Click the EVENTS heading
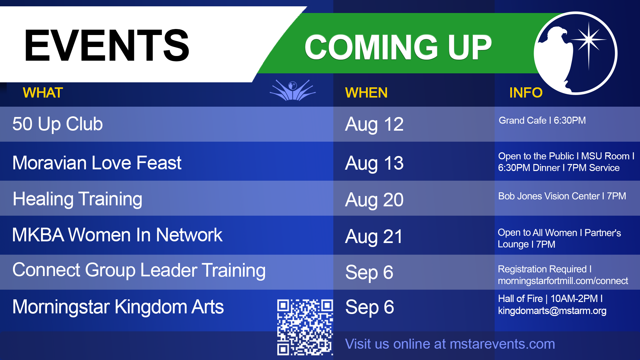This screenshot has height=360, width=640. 107,45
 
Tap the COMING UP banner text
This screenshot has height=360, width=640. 398,47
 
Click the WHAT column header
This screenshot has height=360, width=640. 43,93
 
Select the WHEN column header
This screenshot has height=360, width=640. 366,93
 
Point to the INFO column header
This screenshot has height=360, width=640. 526,93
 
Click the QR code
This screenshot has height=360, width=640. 305,327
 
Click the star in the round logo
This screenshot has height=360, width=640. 589,40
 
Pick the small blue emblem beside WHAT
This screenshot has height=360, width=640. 293,90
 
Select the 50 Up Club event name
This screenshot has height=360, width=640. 58,124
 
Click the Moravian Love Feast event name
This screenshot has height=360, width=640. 97,163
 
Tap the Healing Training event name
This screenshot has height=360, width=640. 77,199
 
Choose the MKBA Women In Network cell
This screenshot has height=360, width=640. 117,235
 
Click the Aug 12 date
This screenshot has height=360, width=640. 374,125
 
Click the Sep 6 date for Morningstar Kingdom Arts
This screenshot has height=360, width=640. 370,307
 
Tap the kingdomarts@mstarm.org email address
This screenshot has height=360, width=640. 552,311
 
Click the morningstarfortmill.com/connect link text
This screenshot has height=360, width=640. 563,281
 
